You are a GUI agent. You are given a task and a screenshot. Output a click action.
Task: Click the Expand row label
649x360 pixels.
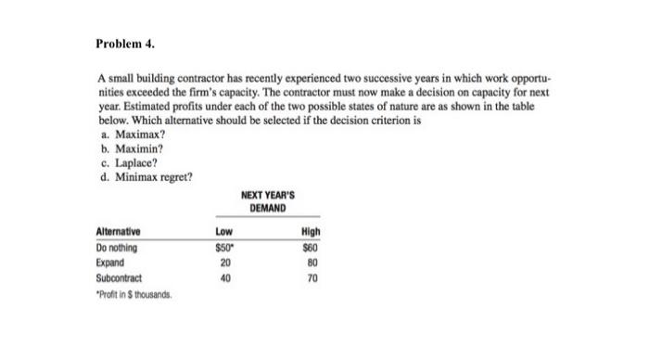[x=111, y=262]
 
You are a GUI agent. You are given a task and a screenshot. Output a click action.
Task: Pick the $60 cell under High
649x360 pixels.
[x=310, y=248]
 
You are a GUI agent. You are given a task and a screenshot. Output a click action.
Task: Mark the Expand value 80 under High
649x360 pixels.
[x=311, y=262]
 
